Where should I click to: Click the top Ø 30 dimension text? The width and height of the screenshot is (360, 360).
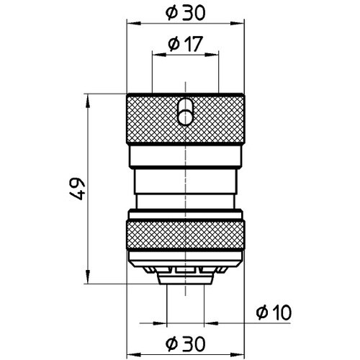coord(186,12)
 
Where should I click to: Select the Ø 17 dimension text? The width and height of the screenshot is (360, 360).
coord(186,44)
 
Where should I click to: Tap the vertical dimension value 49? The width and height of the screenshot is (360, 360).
coord(78,189)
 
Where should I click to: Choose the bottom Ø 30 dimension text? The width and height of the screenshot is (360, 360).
coord(186,342)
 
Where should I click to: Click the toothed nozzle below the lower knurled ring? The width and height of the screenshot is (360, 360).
coord(186,271)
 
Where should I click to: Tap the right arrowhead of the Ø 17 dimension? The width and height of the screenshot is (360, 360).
coord(215,54)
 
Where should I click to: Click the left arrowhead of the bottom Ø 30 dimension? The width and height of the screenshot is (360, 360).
coord(130,352)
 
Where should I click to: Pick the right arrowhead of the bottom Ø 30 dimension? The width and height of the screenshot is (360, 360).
coord(241,352)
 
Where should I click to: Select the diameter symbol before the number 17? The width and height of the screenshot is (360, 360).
coord(174,44)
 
